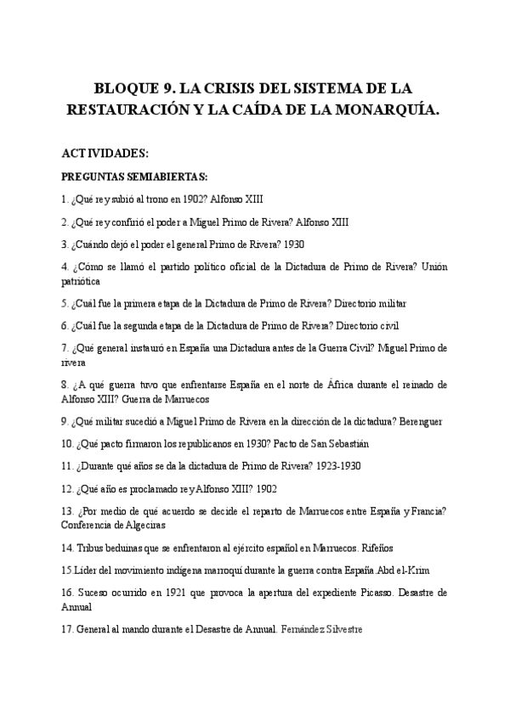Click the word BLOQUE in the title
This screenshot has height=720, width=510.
pos(126,87)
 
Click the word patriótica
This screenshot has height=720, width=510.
pos(81,280)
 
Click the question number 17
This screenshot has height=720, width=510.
pos(68,629)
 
